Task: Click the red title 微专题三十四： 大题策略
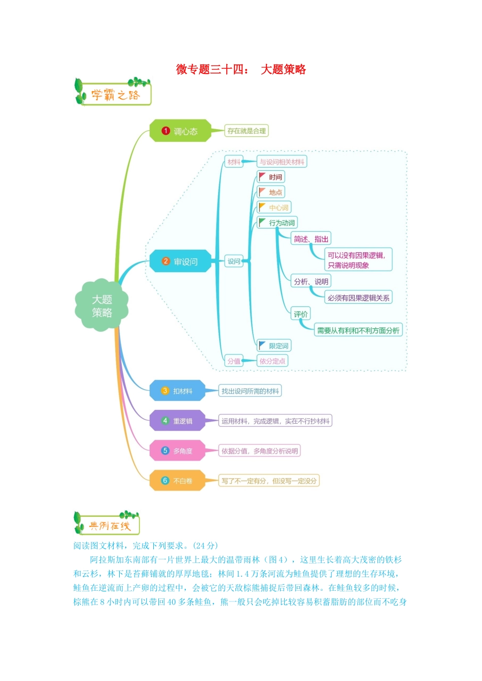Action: pyautogui.click(x=240, y=69)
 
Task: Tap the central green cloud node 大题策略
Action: pyautogui.click(x=101, y=306)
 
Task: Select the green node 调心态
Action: pyautogui.click(x=180, y=131)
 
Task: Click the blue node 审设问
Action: pyautogui.click(x=180, y=261)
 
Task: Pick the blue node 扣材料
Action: pyautogui.click(x=178, y=391)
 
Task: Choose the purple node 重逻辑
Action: pyautogui.click(x=178, y=421)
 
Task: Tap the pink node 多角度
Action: pyautogui.click(x=178, y=451)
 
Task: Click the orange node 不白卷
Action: pyautogui.click(x=178, y=481)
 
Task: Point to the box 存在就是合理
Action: pyautogui.click(x=247, y=131)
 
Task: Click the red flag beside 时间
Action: pyautogui.click(x=262, y=176)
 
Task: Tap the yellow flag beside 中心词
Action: pyautogui.click(x=262, y=207)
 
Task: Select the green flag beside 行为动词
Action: pyautogui.click(x=262, y=222)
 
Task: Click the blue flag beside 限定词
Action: pyautogui.click(x=262, y=345)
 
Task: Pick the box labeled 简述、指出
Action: pyautogui.click(x=311, y=239)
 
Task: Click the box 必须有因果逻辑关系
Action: pyautogui.click(x=358, y=298)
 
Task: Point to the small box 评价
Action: pyautogui.click(x=300, y=314)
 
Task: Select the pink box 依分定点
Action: pyautogui.click(x=272, y=361)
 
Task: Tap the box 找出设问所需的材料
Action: pyautogui.click(x=250, y=391)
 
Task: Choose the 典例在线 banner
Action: pyautogui.click(x=108, y=524)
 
